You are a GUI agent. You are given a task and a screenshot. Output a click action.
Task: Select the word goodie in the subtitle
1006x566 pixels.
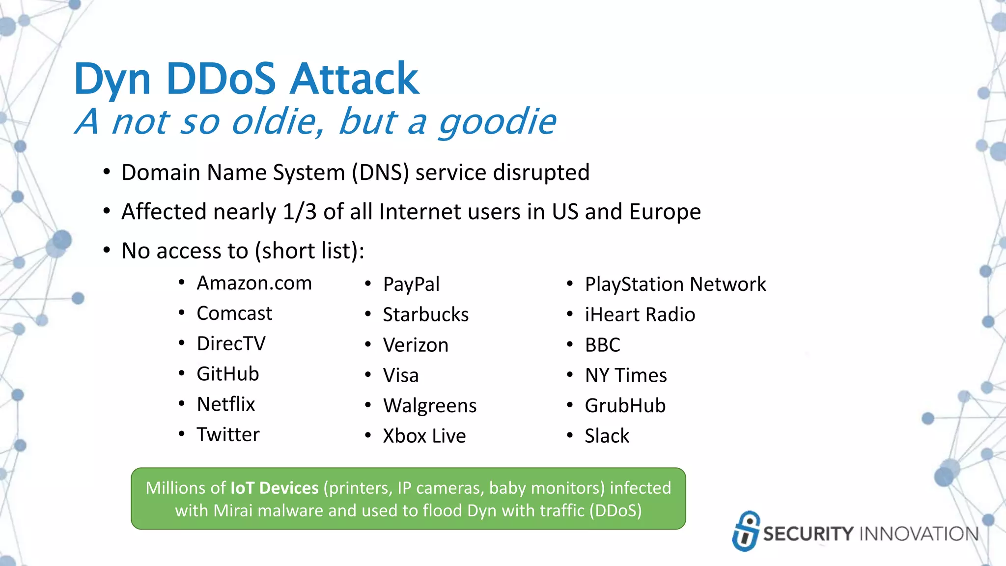click(497, 122)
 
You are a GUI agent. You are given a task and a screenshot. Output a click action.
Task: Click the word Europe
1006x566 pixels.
click(665, 212)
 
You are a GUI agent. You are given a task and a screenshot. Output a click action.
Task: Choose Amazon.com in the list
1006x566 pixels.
click(254, 283)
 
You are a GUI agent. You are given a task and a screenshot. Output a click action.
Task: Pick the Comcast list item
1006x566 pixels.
click(234, 313)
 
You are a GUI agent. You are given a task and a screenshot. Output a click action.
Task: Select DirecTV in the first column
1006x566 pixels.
click(231, 344)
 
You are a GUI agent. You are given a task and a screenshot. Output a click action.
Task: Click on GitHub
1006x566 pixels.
click(227, 374)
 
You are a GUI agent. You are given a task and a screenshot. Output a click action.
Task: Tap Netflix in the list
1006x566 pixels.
click(225, 404)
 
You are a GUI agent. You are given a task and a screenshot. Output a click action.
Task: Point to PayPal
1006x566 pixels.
click(411, 284)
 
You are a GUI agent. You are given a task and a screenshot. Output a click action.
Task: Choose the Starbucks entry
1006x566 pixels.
click(425, 315)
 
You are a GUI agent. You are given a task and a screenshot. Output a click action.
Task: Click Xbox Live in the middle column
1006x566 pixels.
click(424, 436)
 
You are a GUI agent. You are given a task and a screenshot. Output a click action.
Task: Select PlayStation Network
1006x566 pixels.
click(675, 284)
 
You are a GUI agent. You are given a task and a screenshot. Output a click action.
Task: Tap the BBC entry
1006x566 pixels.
click(602, 345)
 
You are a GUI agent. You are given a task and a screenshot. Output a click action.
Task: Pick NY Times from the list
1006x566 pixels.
click(625, 375)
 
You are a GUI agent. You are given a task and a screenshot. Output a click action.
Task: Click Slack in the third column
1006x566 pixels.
click(607, 436)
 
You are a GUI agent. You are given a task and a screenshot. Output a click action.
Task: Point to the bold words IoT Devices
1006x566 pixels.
click(275, 488)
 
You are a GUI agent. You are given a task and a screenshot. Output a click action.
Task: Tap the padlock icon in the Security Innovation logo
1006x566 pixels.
click(746, 531)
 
